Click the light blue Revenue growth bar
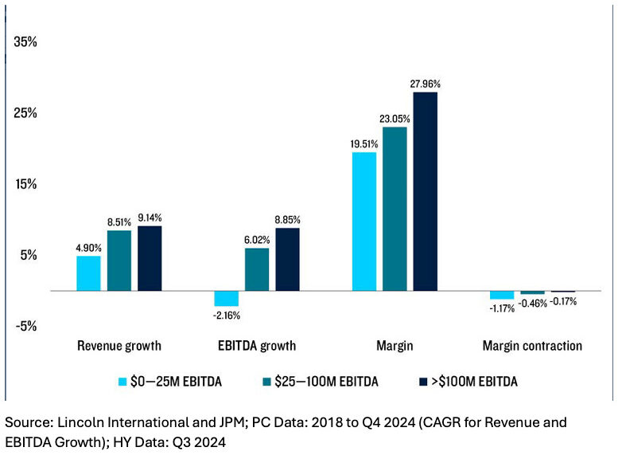[88, 273]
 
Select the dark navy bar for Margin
[425, 191]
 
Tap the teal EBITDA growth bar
[256, 269]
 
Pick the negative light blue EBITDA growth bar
[226, 299]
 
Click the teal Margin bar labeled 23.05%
[395, 209]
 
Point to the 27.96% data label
[426, 83]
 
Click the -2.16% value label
[225, 316]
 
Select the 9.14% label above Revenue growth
[150, 217]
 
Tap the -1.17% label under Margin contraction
[502, 308]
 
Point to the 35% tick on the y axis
[26, 41]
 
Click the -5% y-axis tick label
[26, 326]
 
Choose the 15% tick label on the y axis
[26, 184]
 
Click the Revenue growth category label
[119, 346]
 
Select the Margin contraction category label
[532, 346]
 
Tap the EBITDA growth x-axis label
[256, 346]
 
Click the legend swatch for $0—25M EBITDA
[123, 382]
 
